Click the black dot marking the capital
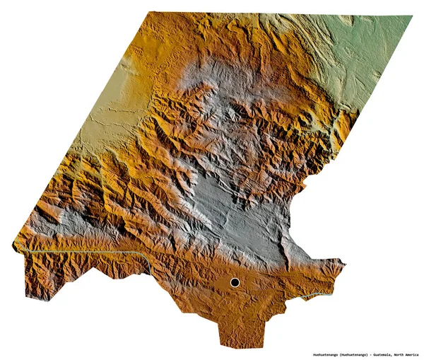235,283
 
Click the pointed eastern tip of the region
344,264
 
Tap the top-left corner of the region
151,13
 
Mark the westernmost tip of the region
13,245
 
